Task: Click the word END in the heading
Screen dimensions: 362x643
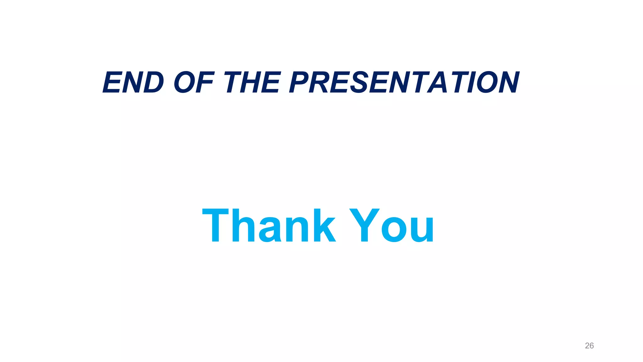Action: pos(133,82)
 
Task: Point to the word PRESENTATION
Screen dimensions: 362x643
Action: pos(404,82)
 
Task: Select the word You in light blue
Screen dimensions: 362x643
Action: pos(392,226)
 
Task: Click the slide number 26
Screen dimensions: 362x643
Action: pos(589,346)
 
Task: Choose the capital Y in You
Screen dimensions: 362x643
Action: pos(364,226)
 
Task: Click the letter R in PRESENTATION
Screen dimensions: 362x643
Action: pos(319,82)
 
